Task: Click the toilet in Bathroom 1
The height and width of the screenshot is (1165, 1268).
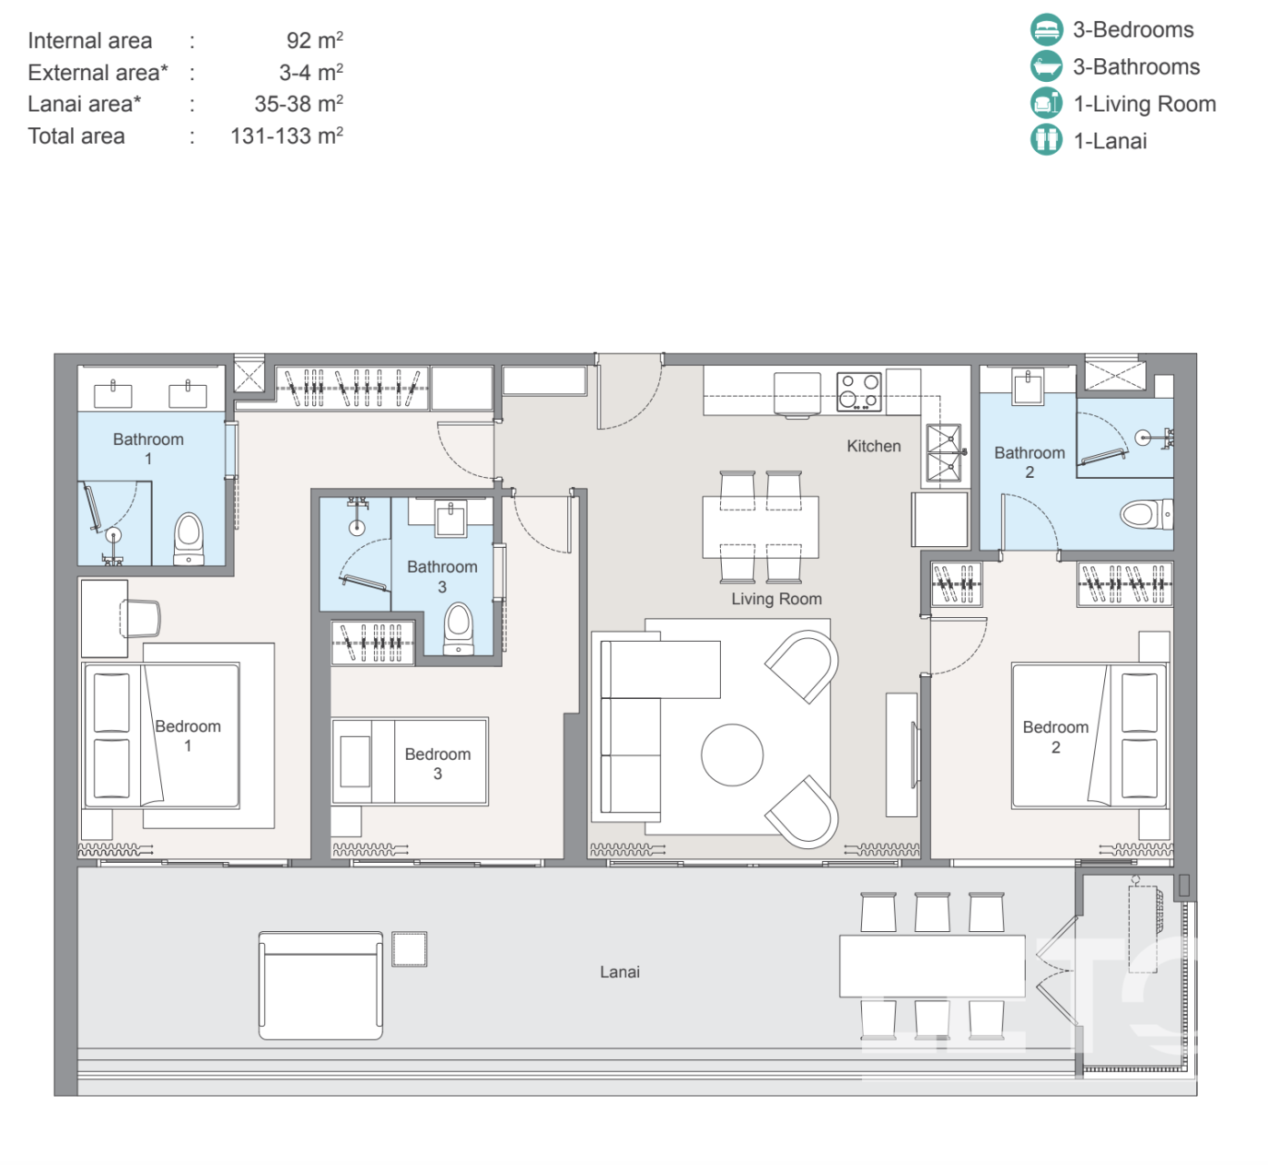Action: click(188, 538)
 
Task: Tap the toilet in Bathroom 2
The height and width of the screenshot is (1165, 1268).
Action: click(1146, 514)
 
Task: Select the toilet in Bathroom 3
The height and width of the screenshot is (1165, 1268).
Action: click(458, 628)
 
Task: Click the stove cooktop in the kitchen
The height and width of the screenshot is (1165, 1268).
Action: click(858, 391)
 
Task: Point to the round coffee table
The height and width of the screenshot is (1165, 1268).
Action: click(732, 755)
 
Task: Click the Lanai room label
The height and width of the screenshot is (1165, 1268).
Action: click(620, 971)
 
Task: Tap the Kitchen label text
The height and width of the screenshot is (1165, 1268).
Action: click(874, 446)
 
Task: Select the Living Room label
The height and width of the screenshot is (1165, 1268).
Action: click(776, 599)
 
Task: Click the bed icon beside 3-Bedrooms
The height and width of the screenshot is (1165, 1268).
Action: click(1046, 29)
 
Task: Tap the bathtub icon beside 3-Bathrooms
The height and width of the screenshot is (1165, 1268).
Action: click(1046, 66)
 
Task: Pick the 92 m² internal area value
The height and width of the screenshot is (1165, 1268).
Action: click(315, 40)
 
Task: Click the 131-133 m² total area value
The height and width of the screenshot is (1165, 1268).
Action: click(287, 136)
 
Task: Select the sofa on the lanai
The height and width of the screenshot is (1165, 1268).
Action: click(320, 985)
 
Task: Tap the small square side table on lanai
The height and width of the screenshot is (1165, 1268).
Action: click(409, 948)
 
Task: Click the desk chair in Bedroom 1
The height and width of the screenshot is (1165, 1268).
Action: click(139, 618)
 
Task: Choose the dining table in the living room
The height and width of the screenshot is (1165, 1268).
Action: click(760, 527)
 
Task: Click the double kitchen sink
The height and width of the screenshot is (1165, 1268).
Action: click(944, 452)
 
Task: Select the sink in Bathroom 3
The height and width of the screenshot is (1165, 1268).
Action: click(450, 518)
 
